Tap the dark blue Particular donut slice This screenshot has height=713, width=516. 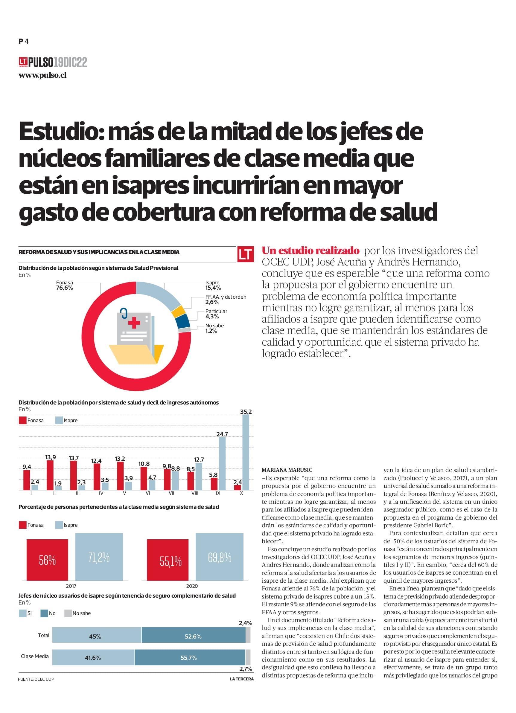[184, 321]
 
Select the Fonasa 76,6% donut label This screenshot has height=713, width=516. [64, 285]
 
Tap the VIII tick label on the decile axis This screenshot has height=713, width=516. [195, 493]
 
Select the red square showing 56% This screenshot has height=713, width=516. [47, 560]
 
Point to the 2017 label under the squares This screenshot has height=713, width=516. [71, 586]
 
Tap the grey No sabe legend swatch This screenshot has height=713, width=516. [68, 613]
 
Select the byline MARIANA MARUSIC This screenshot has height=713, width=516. [287, 470]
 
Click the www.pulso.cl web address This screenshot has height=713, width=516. [42, 75]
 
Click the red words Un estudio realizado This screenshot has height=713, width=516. [310, 251]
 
